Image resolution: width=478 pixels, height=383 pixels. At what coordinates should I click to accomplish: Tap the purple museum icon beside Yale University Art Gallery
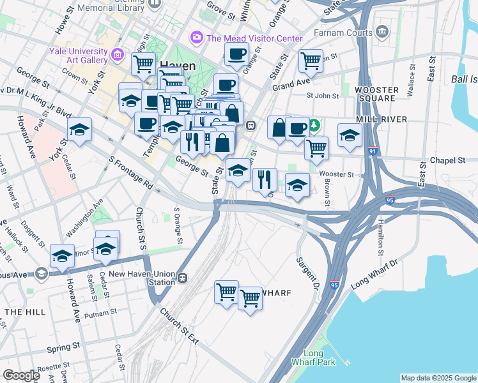coord(118,55)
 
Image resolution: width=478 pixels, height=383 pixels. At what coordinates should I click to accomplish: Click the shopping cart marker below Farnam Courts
coord(311,61)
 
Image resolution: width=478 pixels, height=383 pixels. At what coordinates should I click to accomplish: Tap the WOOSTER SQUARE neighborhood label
coord(376,94)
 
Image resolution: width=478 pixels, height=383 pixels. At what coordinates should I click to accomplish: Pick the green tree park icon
coord(314,124)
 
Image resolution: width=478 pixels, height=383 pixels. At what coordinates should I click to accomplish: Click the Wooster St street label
coord(337,174)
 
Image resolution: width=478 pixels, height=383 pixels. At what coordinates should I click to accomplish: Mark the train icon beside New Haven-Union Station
coord(183,278)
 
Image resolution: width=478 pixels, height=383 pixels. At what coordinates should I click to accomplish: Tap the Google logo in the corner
coord(21,375)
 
